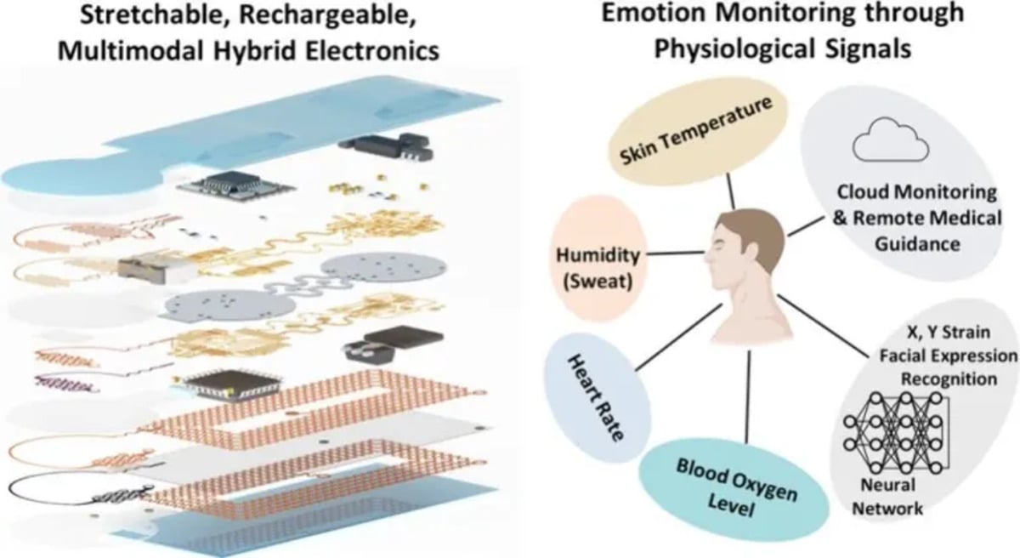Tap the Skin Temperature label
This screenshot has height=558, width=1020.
[x=696, y=131]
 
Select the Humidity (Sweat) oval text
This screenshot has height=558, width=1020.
[x=598, y=268]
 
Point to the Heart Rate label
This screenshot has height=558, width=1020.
[x=596, y=398]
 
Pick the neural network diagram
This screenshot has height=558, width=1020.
[x=896, y=433]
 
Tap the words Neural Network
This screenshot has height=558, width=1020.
[x=887, y=497]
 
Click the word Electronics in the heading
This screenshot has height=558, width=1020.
[x=372, y=50]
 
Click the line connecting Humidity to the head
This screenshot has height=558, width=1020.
[x=676, y=253]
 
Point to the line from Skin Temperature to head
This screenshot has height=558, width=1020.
[x=730, y=191]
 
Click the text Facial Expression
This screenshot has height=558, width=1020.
[x=949, y=356]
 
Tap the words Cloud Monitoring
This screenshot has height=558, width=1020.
[x=916, y=191]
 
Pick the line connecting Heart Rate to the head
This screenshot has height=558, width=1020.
[x=678, y=337]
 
